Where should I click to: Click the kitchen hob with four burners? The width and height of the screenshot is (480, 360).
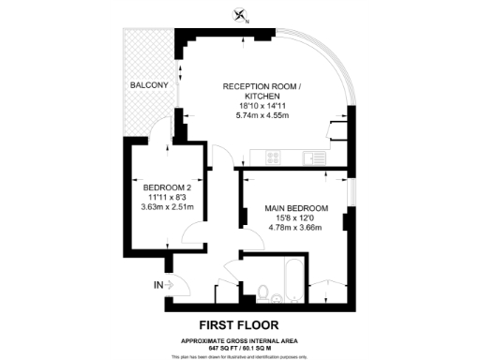click(275, 157)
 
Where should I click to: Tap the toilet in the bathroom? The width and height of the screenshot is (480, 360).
click(266, 292)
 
